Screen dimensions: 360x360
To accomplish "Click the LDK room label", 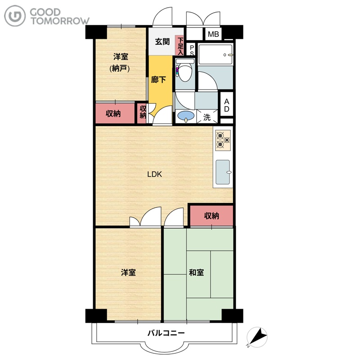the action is [154, 174].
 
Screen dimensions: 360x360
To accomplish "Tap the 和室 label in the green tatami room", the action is [196, 273].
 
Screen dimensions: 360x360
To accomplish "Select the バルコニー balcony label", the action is [166, 333].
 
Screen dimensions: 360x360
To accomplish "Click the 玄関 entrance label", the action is [162, 41].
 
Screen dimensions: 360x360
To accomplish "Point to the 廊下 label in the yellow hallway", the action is [158, 80].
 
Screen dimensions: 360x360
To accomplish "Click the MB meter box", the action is [213, 34].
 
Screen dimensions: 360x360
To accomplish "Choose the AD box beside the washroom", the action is [227, 105].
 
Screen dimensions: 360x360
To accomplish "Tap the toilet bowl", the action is [185, 72].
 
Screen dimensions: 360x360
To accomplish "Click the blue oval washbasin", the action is [186, 116].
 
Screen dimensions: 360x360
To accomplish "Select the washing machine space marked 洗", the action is [207, 117].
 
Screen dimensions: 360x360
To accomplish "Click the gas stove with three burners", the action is [223, 140].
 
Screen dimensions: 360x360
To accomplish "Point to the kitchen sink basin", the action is [223, 172].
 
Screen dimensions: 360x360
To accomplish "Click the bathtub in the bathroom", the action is [216, 54].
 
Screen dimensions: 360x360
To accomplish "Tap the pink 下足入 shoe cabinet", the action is [180, 45].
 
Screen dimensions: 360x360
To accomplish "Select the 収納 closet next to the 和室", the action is [211, 216].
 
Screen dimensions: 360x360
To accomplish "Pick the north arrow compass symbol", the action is [257, 337].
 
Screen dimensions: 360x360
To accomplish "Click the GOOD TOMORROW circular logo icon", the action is [15, 16].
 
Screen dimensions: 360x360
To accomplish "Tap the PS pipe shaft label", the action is [192, 50].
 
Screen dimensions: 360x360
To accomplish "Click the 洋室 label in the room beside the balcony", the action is [128, 273].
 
